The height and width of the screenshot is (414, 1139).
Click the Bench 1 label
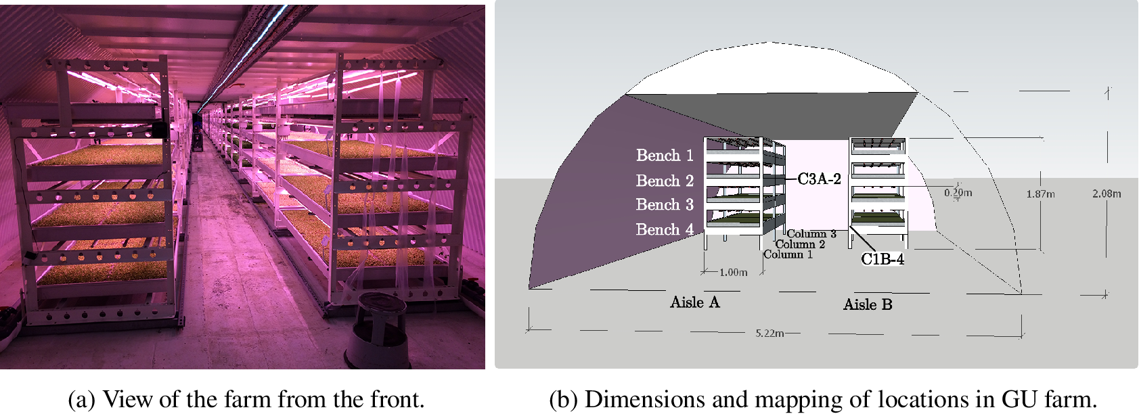665,156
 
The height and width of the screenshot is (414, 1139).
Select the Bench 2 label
665,181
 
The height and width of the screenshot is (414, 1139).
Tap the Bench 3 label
665,205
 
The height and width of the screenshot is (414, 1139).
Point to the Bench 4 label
665,230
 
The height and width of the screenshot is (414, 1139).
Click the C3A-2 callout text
819,179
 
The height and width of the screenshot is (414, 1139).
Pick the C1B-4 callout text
883,259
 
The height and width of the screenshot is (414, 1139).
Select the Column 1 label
788,254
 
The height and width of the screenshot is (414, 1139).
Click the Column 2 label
800,244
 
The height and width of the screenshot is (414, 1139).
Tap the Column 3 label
811,234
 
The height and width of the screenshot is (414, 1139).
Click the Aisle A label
695,303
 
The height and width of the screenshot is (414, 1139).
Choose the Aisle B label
868,305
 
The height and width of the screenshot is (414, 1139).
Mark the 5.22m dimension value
769,333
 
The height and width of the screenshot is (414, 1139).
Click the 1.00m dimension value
733,273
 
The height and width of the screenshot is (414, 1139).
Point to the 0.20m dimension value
958,193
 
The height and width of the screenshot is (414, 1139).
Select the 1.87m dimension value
1040,194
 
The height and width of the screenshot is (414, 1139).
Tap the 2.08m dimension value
1107,193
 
